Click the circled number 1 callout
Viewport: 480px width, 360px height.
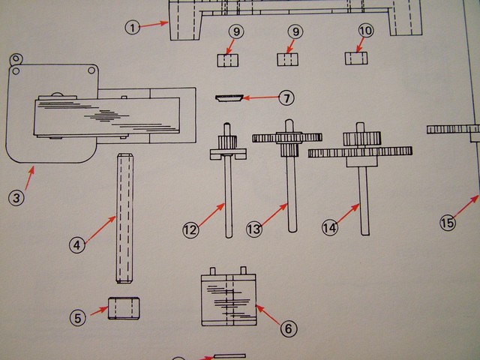133,28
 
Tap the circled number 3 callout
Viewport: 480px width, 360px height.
16,199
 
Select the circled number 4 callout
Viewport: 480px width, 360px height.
77,244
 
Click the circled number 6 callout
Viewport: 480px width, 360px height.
289,328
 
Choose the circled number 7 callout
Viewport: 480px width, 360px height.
286,98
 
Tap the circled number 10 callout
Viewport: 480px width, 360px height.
366,31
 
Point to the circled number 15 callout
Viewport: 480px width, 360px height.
447,223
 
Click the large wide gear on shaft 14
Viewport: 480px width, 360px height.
360,152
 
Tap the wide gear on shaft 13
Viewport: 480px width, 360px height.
287,137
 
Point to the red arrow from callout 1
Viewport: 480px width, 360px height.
154,25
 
